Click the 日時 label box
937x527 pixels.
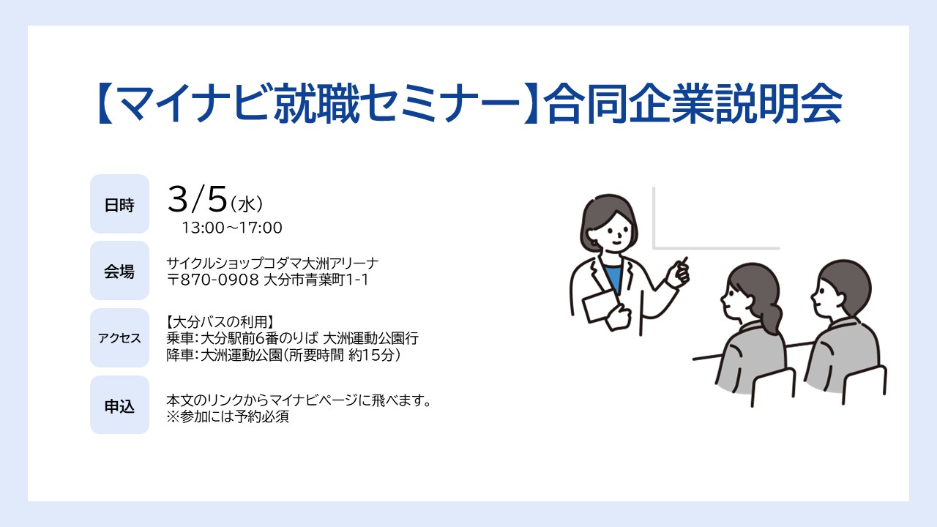point(119,204)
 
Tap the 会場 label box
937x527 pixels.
point(119,271)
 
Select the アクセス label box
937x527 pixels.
point(119,337)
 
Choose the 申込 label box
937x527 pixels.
point(119,405)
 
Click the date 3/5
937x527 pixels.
point(198,200)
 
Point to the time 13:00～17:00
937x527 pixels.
point(232,228)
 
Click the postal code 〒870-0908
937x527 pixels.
point(213,280)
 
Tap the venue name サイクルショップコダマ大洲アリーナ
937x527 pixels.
point(272,263)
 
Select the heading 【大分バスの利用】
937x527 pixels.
point(220,322)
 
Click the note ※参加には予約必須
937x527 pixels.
point(228,417)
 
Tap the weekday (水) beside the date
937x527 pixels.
point(247,204)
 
